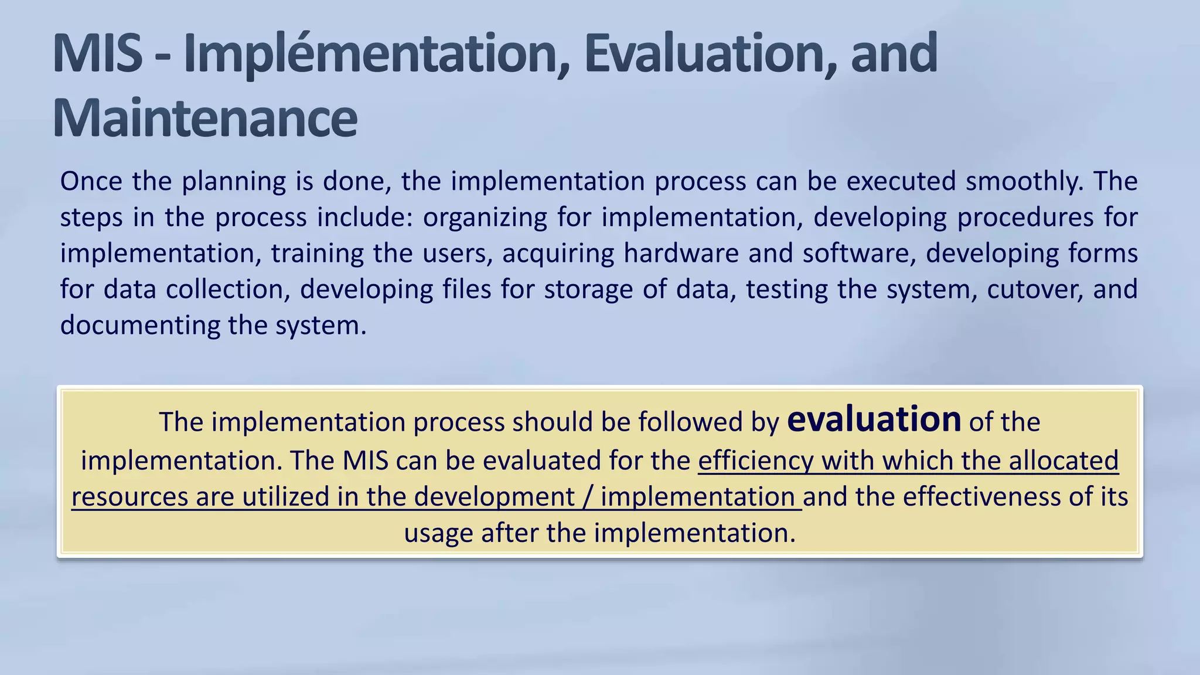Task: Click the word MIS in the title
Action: pos(97,54)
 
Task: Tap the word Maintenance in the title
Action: pos(204,118)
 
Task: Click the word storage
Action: pos(588,289)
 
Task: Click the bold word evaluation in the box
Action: pos(874,420)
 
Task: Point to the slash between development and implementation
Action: pos(587,497)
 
